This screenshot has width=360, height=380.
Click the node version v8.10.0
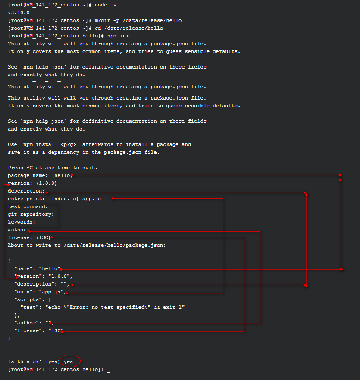(19, 12)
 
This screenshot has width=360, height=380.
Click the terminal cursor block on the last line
(109, 370)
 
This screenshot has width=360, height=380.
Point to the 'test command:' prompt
(28, 206)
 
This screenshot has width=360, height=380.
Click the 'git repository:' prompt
(31, 214)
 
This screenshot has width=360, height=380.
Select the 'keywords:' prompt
(22, 222)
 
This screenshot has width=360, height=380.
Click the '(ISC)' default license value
(44, 237)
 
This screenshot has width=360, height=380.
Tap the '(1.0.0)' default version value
(47, 183)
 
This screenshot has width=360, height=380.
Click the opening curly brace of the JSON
(9, 261)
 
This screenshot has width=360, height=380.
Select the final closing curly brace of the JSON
(9, 338)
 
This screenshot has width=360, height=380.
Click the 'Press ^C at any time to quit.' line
(53, 168)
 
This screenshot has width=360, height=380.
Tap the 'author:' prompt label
(19, 230)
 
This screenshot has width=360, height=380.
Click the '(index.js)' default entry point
(64, 199)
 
